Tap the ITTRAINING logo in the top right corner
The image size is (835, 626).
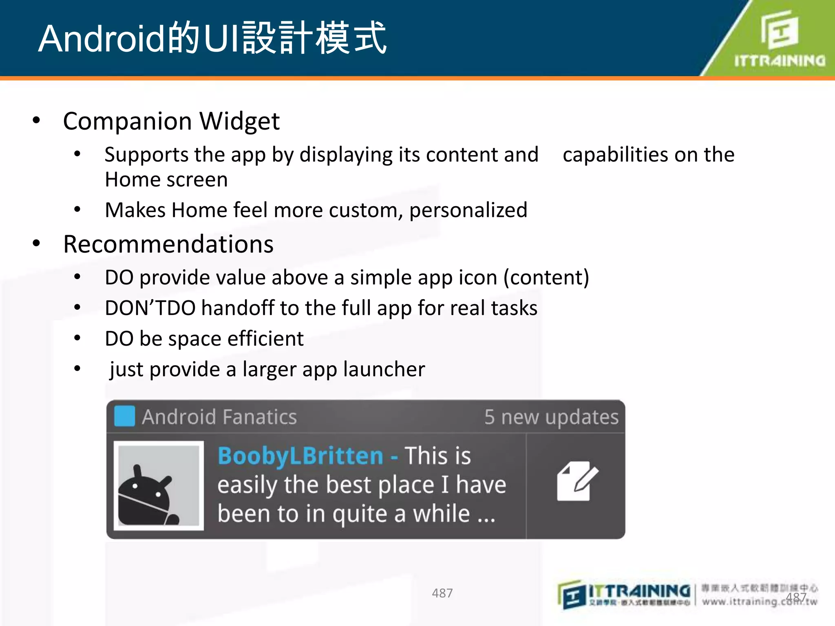click(779, 39)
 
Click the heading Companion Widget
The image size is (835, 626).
click(171, 121)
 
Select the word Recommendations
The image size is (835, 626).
click(168, 244)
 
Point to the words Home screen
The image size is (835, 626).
click(166, 180)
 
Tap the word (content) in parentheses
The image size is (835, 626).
click(546, 278)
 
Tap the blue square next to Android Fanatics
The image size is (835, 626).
click(124, 416)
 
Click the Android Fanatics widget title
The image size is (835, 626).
click(219, 417)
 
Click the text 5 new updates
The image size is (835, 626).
click(551, 417)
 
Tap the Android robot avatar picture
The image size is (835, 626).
click(158, 485)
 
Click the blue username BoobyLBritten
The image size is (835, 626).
click(300, 456)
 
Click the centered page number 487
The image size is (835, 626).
click(442, 593)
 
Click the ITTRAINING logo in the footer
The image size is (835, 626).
click(624, 595)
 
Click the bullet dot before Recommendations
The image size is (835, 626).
click(37, 244)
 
